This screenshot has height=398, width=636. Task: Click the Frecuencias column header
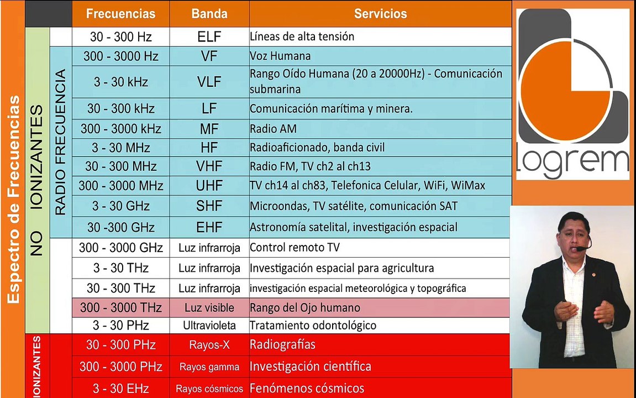click(x=121, y=14)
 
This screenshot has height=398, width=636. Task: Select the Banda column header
click(x=209, y=14)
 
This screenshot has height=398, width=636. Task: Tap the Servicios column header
click(x=380, y=14)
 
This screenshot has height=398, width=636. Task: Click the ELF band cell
click(x=209, y=37)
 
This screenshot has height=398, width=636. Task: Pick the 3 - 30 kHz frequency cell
click(x=121, y=82)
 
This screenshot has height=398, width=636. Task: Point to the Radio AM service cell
click(x=380, y=129)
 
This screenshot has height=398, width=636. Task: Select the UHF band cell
click(x=209, y=186)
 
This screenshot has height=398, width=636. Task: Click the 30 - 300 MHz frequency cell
click(x=121, y=166)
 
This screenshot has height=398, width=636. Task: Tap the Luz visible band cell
click(x=209, y=308)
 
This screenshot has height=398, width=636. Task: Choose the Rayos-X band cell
click(x=209, y=345)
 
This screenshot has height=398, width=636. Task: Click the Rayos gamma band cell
click(x=209, y=367)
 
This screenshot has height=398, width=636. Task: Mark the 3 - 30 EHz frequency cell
click(x=121, y=389)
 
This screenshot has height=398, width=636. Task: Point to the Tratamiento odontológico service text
click(x=313, y=326)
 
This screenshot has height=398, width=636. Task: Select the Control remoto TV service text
click(x=295, y=248)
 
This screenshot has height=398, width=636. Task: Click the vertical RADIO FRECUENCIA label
click(x=60, y=142)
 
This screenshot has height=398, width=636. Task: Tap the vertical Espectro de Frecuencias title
click(x=13, y=199)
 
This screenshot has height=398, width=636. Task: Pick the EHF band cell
click(x=209, y=227)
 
